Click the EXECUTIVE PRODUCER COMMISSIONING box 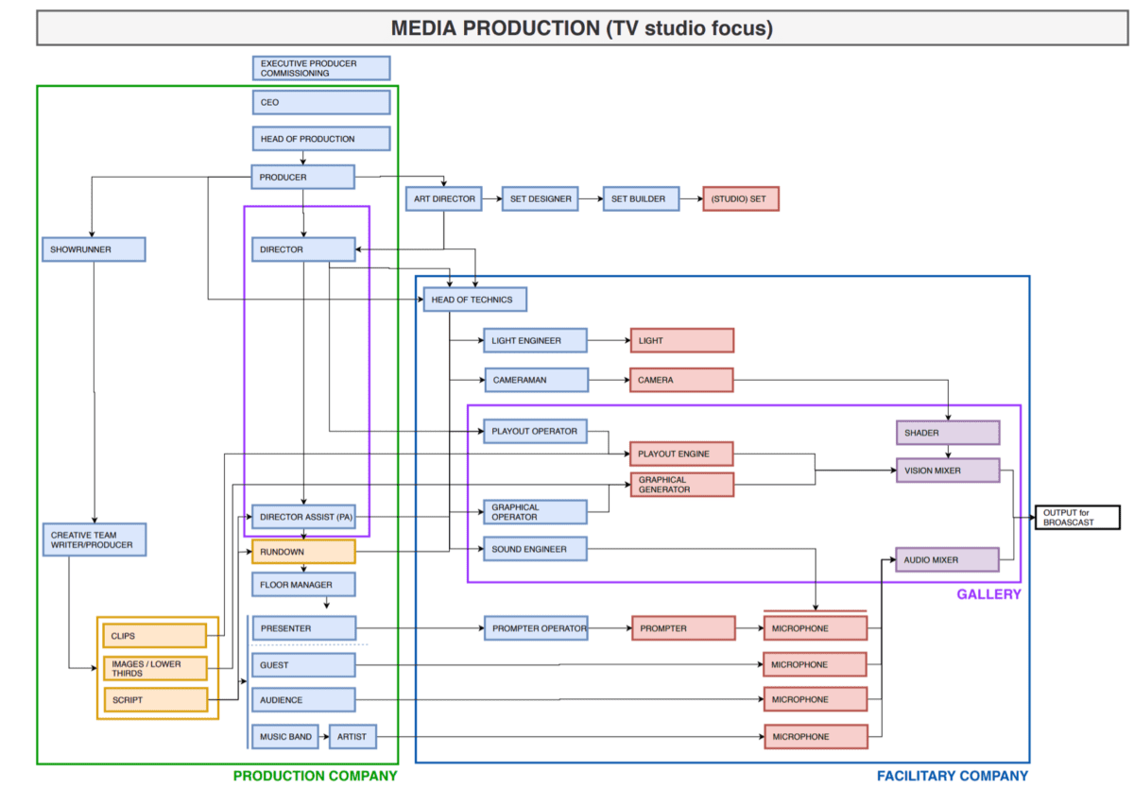click(321, 68)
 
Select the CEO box click(321, 102)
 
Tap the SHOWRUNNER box click(94, 249)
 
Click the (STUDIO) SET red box click(741, 199)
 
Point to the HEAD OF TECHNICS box click(474, 300)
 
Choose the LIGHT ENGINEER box click(535, 340)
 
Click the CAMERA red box click(681, 380)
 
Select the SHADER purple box click(947, 433)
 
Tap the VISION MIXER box click(947, 470)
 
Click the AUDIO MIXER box click(947, 559)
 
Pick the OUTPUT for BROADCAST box click(1077, 517)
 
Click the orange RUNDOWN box click(303, 552)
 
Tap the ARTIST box click(352, 737)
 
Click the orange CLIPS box click(154, 636)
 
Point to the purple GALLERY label click(988, 594)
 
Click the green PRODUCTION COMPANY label click(316, 776)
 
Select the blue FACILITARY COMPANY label click(952, 776)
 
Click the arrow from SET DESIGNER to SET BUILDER click(591, 199)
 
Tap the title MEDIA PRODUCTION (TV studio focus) click(581, 28)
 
